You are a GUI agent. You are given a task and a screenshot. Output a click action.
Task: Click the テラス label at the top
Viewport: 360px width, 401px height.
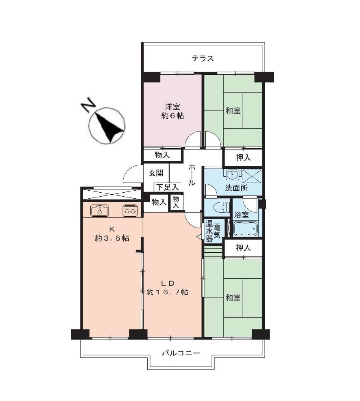pos(203,58)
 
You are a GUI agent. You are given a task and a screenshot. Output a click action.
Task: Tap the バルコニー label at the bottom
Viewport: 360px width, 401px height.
pos(181,353)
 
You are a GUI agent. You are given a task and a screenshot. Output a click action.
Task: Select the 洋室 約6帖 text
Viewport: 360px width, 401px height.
pos(172,111)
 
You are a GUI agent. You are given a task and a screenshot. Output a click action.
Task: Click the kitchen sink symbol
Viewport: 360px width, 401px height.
pos(100,210)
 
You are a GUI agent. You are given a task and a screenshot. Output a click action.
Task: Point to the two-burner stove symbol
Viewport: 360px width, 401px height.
pos(130,210)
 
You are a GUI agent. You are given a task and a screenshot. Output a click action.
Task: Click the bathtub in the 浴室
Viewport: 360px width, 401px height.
pos(245,228)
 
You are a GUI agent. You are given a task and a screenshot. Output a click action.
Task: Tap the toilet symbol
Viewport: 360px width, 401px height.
pos(222,207)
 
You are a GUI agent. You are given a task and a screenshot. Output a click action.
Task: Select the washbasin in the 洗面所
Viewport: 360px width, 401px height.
pos(232,175)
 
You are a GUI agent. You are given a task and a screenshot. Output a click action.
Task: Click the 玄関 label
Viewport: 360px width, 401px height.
pos(156,173)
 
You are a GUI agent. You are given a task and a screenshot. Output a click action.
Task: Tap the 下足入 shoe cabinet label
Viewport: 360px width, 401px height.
pos(167,187)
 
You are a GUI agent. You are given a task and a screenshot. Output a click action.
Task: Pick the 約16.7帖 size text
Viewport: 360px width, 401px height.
pos(167,292)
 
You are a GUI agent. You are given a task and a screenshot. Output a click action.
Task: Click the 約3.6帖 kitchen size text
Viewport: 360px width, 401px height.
pos(112,238)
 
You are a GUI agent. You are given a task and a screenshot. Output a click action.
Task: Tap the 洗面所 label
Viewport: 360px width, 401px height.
pos(236,188)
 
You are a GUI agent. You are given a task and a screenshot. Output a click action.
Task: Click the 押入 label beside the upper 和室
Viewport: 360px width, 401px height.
pos(243,158)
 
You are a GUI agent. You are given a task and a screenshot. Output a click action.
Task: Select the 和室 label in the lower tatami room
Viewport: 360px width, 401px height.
pos(233,298)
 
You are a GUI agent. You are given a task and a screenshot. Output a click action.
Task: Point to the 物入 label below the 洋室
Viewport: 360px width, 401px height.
pos(162,155)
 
